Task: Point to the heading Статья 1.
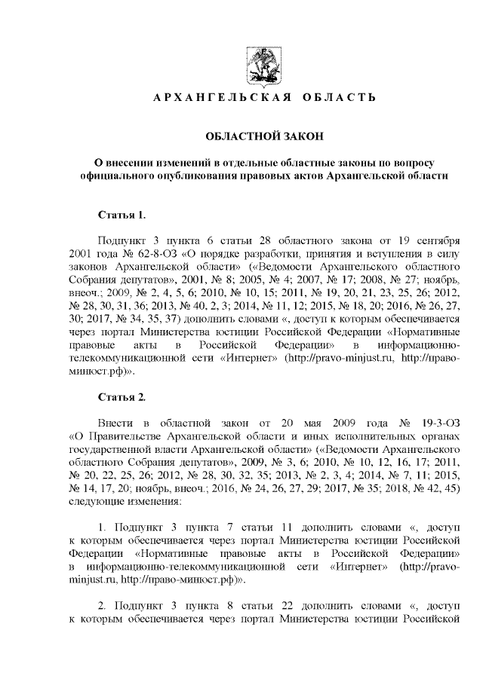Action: pos(122,215)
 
